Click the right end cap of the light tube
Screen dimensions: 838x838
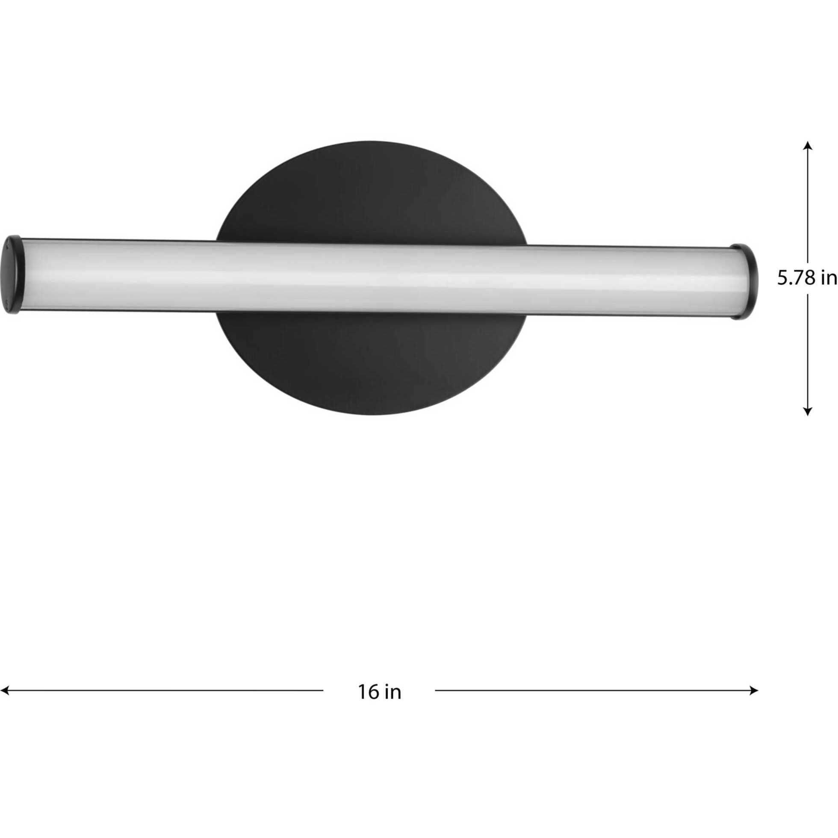747,281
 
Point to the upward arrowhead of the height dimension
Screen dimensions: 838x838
807,146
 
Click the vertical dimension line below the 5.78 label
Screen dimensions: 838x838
807,351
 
